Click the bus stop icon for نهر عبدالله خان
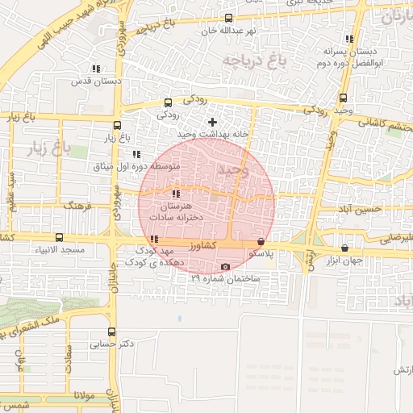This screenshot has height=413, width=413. [228, 18]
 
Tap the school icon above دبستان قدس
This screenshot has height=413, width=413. [96, 69]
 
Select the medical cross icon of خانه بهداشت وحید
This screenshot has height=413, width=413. [212, 121]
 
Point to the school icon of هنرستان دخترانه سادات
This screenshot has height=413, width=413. [176, 194]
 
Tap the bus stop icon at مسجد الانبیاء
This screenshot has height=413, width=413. [59, 238]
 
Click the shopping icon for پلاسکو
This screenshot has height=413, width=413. [260, 241]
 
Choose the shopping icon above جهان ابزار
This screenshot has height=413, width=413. [345, 248]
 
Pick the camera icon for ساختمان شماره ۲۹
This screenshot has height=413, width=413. [224, 267]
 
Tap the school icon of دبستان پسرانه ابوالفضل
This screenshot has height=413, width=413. [349, 39]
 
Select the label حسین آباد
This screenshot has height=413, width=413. [360, 210]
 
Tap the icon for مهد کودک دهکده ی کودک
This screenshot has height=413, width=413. [153, 240]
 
